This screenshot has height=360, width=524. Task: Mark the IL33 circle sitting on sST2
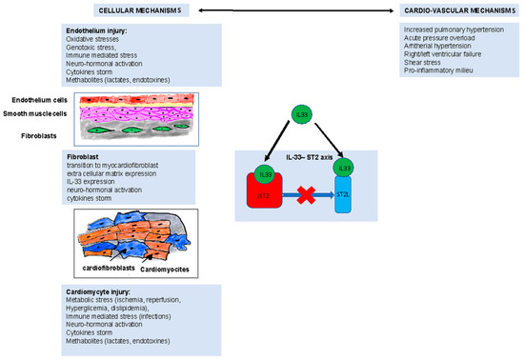click(x=265, y=175)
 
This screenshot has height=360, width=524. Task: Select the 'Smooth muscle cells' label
click(x=39, y=112)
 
